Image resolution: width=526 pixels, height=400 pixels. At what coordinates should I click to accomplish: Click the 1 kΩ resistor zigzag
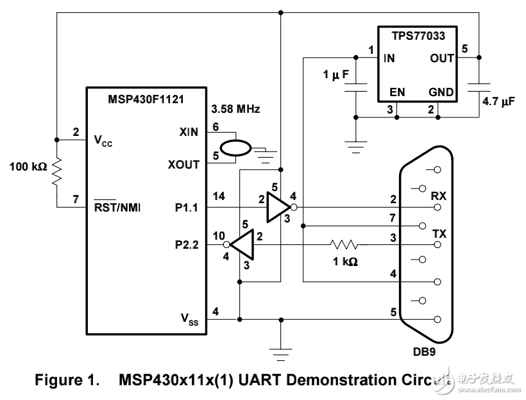coord(344,245)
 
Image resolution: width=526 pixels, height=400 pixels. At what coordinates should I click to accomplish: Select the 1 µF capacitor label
coord(335,75)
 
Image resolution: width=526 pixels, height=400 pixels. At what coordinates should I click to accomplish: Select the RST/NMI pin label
coord(117,208)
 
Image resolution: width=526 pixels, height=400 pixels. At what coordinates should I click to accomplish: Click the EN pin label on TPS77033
coord(397,92)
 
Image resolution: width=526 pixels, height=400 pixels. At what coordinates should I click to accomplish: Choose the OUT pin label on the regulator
coord(442,58)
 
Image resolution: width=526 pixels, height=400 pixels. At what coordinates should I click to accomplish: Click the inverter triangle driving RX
coord(277,207)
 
